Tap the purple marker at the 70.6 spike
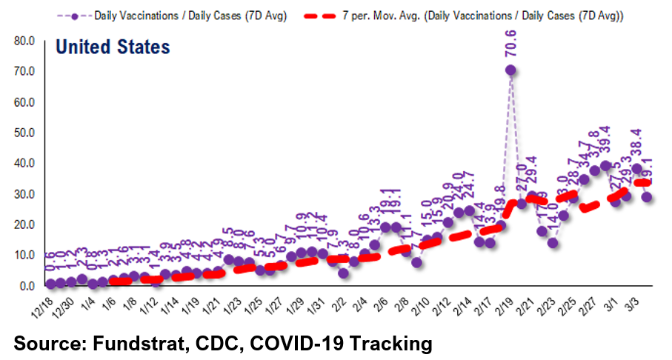510,70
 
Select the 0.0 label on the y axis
28,286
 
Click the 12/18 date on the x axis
40,304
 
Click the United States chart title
113,48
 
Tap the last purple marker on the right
647,197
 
